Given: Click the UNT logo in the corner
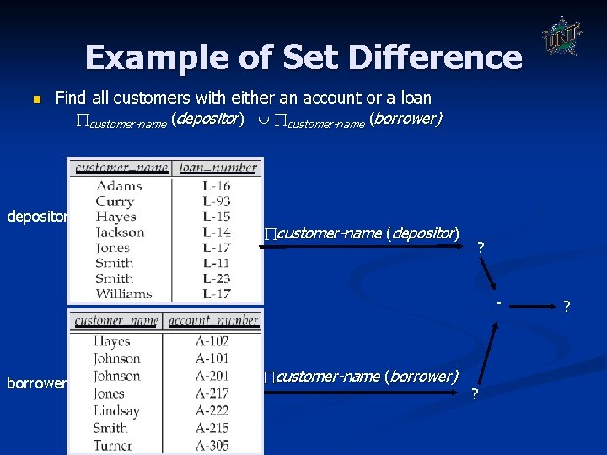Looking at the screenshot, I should [560, 36].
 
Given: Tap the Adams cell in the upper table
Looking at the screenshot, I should [119, 186].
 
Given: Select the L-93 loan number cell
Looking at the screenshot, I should [217, 201].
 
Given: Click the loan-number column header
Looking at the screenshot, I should [218, 168].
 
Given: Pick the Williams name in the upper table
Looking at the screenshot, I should [123, 294].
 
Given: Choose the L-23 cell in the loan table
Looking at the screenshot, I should [217, 278].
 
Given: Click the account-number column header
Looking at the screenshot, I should [213, 320].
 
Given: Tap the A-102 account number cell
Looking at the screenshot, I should [212, 341].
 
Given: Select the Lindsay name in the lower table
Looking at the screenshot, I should [116, 410].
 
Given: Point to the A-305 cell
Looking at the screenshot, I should [212, 446].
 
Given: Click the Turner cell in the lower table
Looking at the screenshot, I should [112, 446].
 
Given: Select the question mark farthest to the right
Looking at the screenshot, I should [567, 306].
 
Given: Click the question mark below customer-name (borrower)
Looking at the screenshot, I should [475, 394].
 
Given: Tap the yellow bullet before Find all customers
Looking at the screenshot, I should [35, 99].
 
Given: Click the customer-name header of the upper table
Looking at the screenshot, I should [121, 168].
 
